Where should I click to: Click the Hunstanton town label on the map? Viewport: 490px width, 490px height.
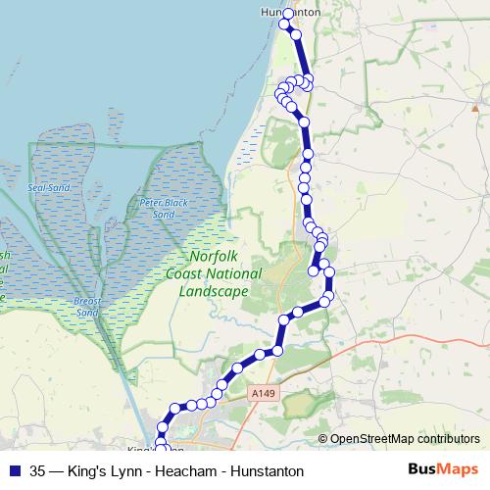[291, 12]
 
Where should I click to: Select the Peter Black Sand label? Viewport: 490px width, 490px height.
[156, 208]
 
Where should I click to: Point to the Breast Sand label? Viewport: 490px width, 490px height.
[88, 306]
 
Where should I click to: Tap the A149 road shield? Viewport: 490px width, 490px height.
[263, 393]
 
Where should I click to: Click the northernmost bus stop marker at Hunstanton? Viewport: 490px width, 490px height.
[288, 15]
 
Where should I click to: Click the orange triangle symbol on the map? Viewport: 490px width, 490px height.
[474, 107]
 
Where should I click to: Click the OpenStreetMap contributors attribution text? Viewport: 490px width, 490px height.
[405, 439]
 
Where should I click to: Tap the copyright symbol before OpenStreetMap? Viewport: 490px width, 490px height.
[322, 439]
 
